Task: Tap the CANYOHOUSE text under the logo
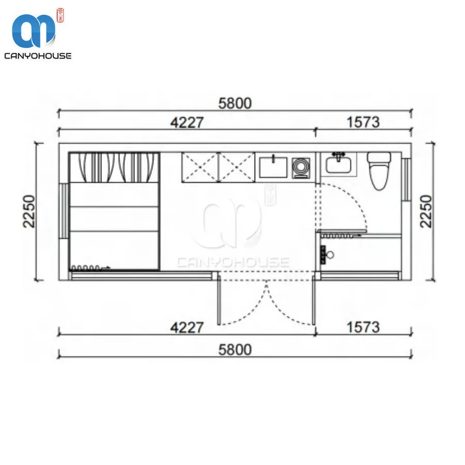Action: click(38, 55)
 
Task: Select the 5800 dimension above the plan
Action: click(235, 103)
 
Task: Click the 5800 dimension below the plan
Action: click(235, 350)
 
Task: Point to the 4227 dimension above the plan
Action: click(188, 122)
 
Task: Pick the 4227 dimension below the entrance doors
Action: click(188, 327)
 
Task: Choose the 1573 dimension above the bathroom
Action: click(363, 122)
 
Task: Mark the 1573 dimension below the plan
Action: click(363, 327)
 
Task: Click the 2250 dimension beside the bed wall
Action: click(29, 211)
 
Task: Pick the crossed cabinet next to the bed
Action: click(200, 166)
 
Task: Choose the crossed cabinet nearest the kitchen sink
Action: click(237, 166)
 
